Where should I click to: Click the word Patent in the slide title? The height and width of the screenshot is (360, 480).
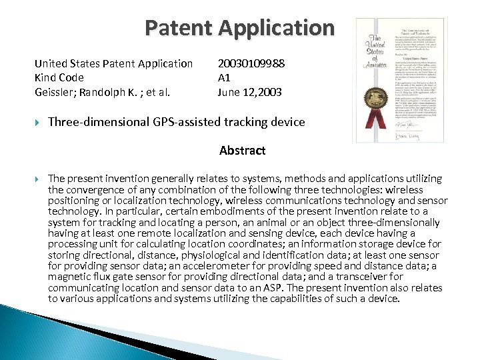pyautogui.click(x=181, y=28)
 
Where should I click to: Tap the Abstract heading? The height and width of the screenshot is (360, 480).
pyautogui.click(x=242, y=151)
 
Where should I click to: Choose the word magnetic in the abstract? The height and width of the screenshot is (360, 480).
pyautogui.click(x=70, y=277)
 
